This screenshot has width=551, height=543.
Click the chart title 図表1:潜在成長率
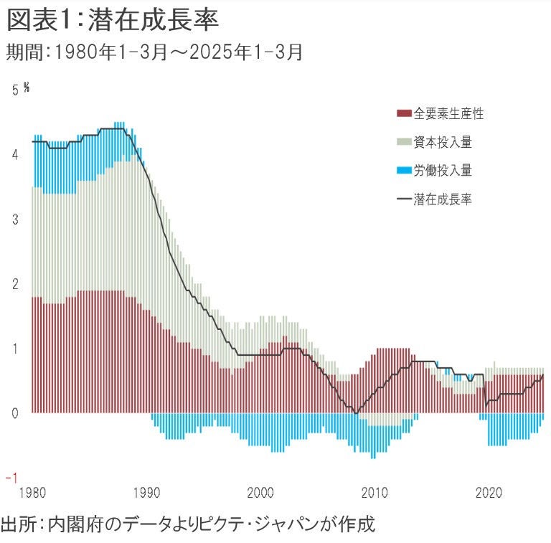pos(113,21)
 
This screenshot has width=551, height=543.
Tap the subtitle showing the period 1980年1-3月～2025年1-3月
pos(154,52)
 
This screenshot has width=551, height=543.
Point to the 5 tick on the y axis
pos(15,90)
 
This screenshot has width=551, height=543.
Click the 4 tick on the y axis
pos(15,154)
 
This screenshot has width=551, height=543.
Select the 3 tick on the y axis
pos(15,219)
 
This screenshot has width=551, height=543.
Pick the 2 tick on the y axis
pos(15,284)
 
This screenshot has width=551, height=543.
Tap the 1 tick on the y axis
pos(15,349)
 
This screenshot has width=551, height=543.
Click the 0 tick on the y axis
pos(15,413)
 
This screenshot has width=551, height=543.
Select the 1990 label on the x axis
pos(146,494)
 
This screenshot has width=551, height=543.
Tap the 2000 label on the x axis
pos(260,494)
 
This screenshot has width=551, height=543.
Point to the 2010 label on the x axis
pos(375,494)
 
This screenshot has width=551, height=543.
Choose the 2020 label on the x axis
pos(489,494)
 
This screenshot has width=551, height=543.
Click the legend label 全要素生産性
pos(448,113)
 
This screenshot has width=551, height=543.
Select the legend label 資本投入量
pos(442,142)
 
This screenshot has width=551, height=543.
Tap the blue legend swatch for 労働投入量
pos(403,171)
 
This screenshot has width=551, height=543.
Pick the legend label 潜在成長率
pos(442,199)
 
